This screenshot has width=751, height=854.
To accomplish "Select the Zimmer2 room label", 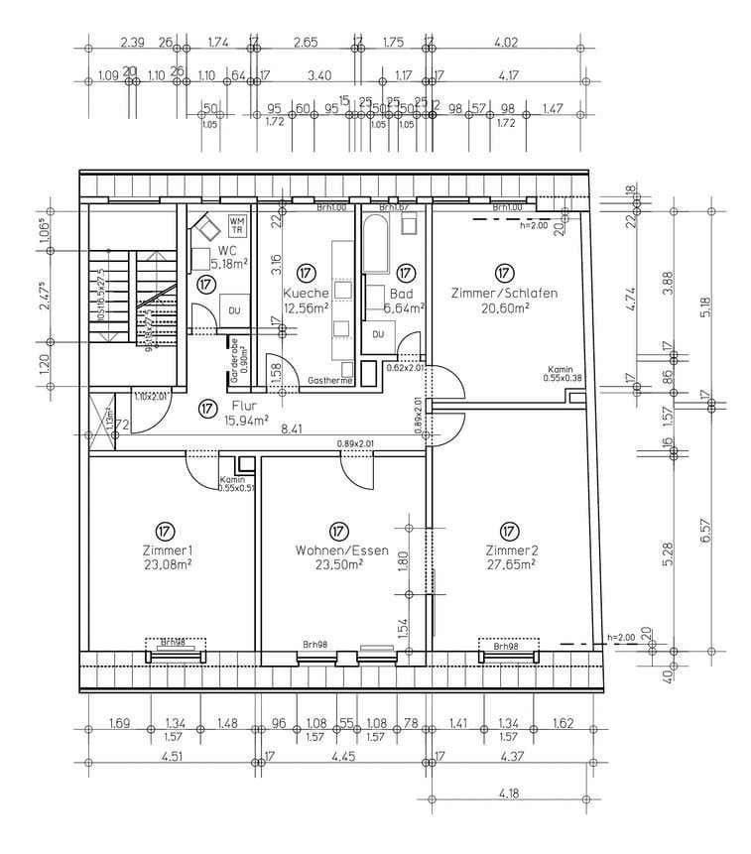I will tap(511, 550).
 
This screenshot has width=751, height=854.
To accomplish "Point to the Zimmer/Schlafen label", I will tap(503, 294).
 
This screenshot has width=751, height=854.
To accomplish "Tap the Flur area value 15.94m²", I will tap(246, 421).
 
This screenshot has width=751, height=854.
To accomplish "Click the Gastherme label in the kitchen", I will tap(330, 381).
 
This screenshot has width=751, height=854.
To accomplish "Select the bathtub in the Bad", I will tap(376, 243).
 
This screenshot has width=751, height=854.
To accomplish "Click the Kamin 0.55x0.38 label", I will tap(563, 373).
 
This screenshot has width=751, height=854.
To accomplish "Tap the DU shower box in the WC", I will tap(234, 308).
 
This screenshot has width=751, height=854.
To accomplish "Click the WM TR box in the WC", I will tap(237, 223).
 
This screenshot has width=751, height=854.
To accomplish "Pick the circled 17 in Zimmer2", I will tap(510, 531).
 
